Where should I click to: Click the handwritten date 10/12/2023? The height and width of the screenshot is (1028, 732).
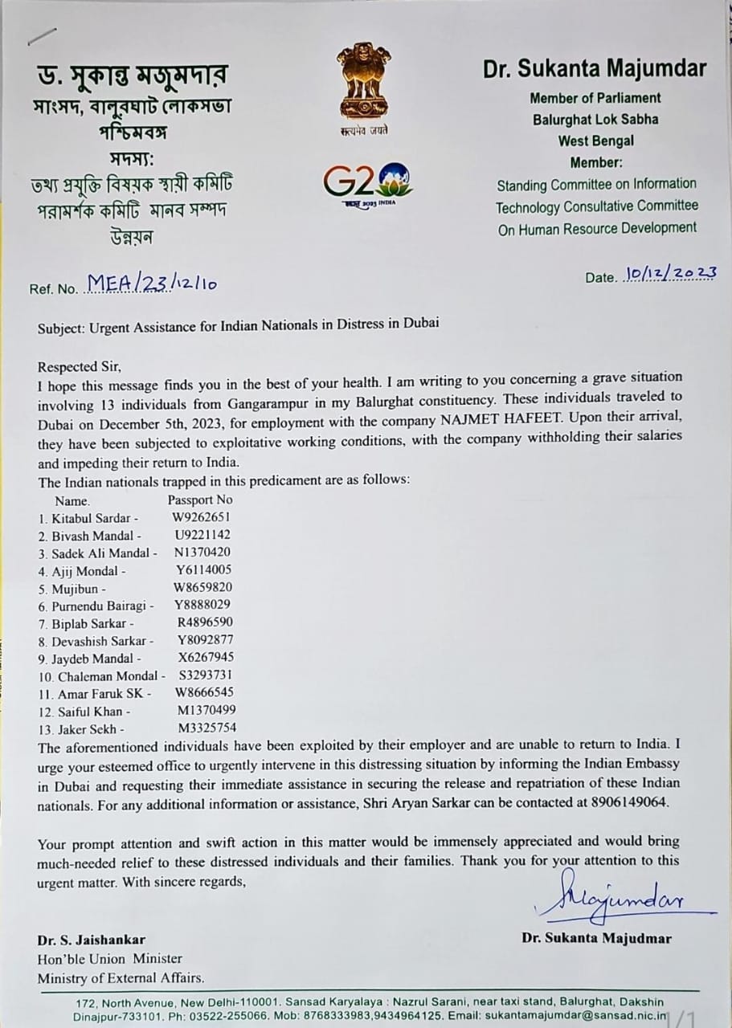(668, 273)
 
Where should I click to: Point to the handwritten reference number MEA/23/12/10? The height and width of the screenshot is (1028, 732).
(153, 282)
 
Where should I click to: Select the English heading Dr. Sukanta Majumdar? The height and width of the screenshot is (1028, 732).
(595, 69)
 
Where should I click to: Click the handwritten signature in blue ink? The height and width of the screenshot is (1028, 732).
(611, 903)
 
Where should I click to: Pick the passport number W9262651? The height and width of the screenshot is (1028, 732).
(201, 517)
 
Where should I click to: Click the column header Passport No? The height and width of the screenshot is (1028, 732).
(200, 500)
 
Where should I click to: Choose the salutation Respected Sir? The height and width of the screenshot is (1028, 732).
(79, 366)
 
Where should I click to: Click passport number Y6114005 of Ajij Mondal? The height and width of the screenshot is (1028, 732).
(205, 570)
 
